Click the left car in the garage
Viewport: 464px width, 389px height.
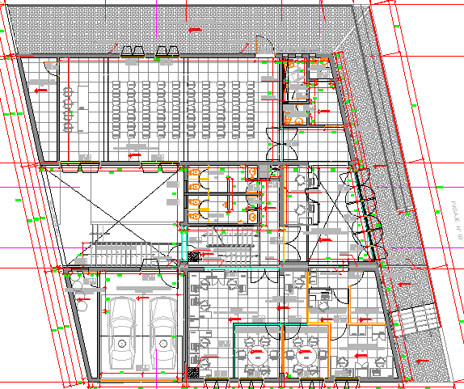tap(124, 332)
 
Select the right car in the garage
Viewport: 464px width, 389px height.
tap(163, 332)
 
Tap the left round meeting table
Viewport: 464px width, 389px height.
tap(258, 353)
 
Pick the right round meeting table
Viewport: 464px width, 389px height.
tap(305, 353)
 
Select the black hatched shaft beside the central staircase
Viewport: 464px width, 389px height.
tap(194, 256)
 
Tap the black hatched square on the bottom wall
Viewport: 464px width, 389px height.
tap(194, 374)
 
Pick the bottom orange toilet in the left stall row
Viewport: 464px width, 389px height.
tap(196, 214)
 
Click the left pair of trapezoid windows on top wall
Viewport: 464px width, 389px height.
tap(133, 51)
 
